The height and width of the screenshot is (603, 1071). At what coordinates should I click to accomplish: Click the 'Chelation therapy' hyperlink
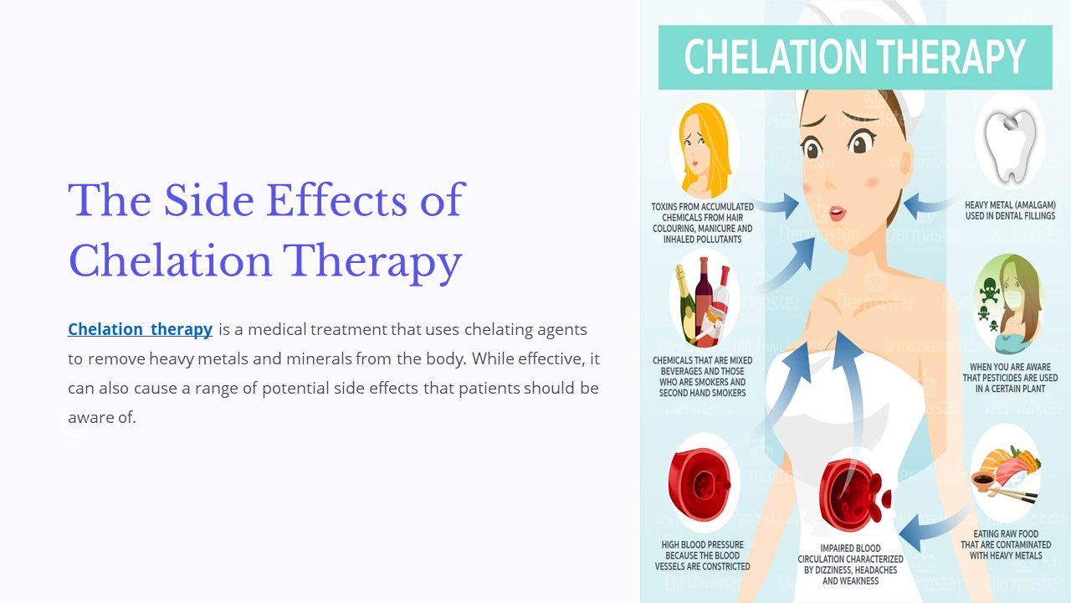point(140,329)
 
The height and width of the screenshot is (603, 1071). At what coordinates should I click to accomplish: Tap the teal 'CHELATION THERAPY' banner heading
point(854,57)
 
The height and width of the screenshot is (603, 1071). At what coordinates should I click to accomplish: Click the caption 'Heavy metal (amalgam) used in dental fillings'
point(1010,210)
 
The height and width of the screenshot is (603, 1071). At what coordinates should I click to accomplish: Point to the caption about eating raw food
point(1005,544)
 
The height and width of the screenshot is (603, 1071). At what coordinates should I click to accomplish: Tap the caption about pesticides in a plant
point(1010,378)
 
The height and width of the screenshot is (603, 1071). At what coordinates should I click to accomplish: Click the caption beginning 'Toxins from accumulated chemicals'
point(702,222)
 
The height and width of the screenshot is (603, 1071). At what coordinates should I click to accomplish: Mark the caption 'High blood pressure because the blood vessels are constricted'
point(702,555)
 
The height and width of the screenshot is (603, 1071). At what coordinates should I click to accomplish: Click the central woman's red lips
point(836,213)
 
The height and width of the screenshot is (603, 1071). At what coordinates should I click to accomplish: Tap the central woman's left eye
point(812,149)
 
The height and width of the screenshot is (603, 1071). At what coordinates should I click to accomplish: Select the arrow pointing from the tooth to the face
point(927,204)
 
